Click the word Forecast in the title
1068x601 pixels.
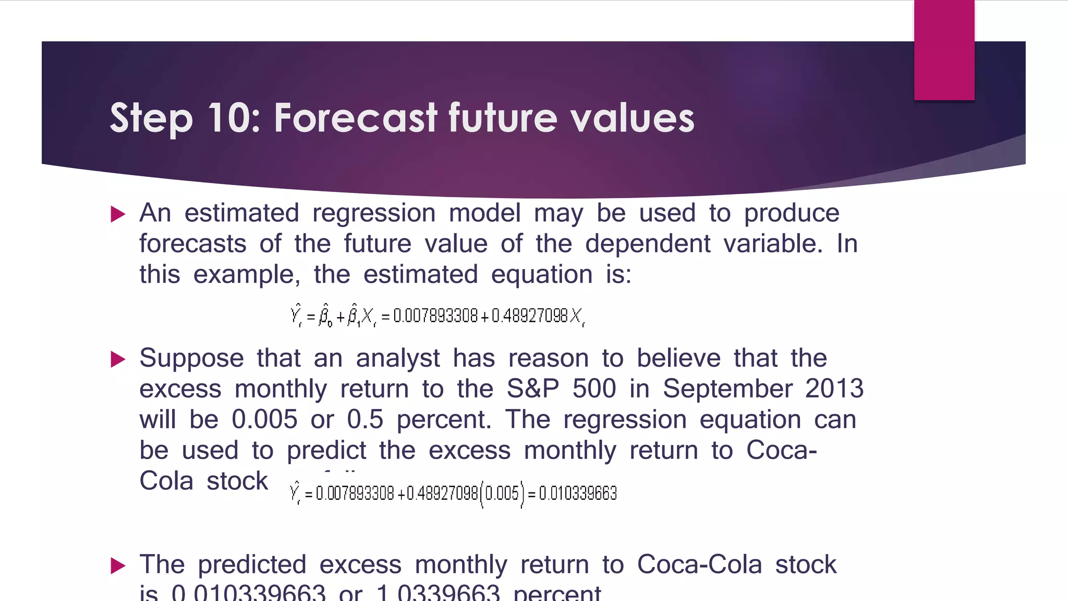(356, 117)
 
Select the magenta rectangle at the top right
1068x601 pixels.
(944, 50)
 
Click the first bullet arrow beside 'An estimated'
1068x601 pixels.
(118, 214)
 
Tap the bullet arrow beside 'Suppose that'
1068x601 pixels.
(118, 359)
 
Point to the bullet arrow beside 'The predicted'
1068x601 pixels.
(118, 566)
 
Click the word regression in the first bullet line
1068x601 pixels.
(373, 213)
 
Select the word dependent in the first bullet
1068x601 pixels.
(647, 244)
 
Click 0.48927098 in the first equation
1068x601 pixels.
(529, 316)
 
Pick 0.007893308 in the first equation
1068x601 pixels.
(435, 316)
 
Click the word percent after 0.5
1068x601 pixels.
(443, 420)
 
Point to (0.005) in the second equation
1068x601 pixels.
(502, 494)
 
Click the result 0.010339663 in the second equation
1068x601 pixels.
(578, 494)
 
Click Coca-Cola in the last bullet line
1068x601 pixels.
(699, 564)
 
